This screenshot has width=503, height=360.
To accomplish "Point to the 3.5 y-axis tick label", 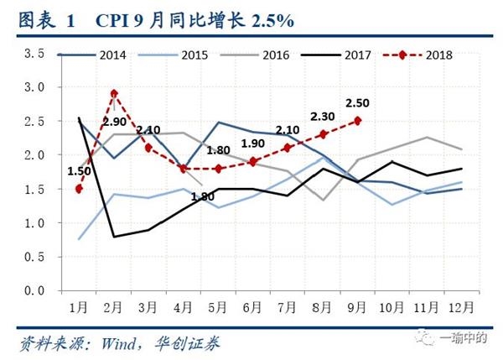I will pyautogui.click(x=34, y=54).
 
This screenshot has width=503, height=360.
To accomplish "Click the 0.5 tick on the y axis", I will pyautogui.click(x=34, y=257).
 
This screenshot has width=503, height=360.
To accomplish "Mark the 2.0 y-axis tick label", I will pyautogui.click(x=34, y=155).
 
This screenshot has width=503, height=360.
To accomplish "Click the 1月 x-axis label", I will pyautogui.click(x=79, y=306).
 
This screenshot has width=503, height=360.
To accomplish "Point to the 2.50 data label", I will pyautogui.click(x=358, y=103).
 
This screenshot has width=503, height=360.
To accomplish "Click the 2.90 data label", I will pyautogui.click(x=114, y=123).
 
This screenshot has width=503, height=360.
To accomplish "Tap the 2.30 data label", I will pyautogui.click(x=323, y=117).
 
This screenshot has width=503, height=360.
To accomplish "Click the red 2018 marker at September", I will pyautogui.click(x=358, y=121).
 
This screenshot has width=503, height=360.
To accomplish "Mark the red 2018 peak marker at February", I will pyautogui.click(x=114, y=94).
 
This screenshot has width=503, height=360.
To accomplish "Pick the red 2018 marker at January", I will pyautogui.click(x=79, y=189).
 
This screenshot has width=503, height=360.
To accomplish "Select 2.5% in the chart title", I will pyautogui.click(x=267, y=18).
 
